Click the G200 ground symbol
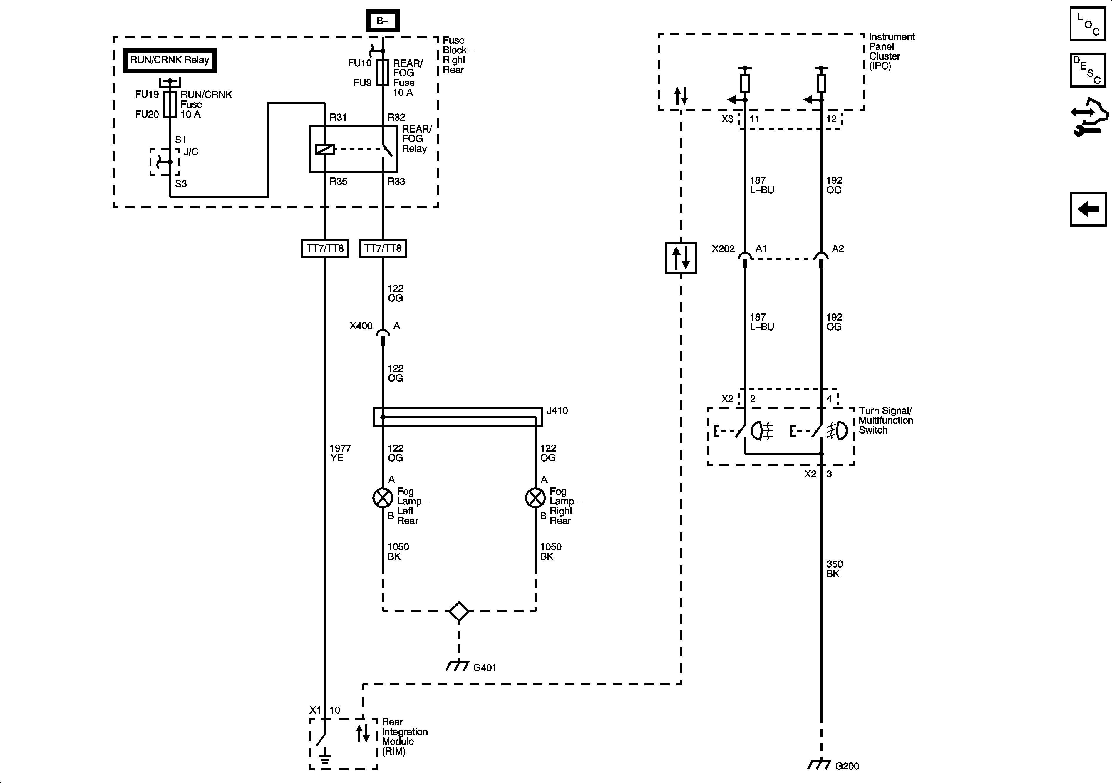point(820,764)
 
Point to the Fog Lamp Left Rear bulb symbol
point(383,498)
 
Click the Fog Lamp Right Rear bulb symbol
point(535,498)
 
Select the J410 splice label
point(557,411)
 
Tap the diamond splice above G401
point(459,611)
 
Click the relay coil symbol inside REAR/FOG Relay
point(324,150)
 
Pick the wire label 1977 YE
point(340,453)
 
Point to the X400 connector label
point(361,326)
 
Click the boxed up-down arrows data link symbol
point(681,258)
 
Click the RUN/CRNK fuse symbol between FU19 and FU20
point(170,104)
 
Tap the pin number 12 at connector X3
point(831,119)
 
